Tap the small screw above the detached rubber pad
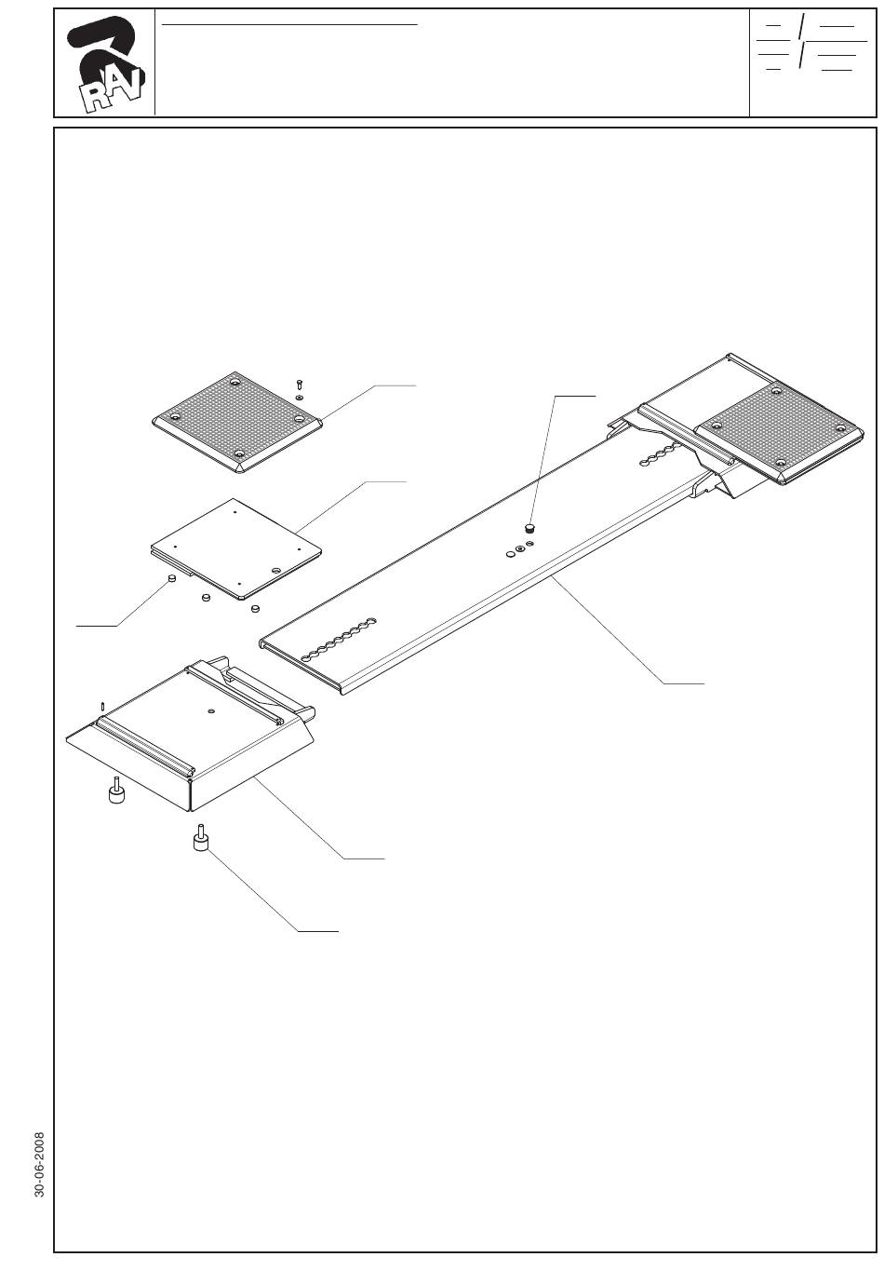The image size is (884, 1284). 300,384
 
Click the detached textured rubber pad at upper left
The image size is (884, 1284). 237,422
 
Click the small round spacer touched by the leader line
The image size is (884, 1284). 171,580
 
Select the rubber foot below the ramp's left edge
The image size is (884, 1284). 117,792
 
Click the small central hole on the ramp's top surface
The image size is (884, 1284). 212,711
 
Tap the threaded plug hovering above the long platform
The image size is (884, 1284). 530,528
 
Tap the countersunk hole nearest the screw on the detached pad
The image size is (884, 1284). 299,419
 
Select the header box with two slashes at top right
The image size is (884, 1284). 812,63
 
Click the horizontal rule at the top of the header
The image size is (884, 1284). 290,24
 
